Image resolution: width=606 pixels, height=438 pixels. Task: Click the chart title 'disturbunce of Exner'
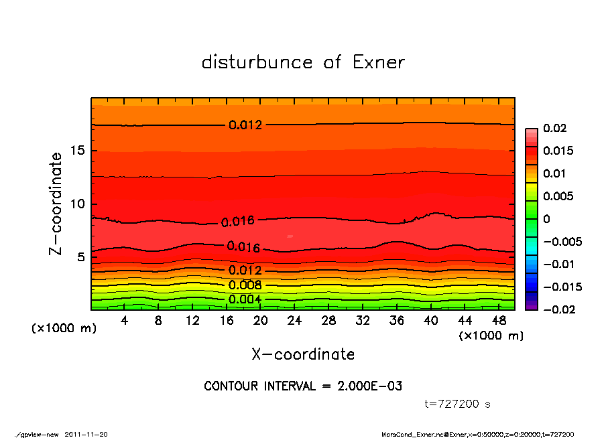pyautogui.click(x=303, y=62)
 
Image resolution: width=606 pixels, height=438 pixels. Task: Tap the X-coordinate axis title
pyautogui.click(x=303, y=354)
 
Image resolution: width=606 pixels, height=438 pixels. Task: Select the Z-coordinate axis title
pyautogui.click(x=56, y=204)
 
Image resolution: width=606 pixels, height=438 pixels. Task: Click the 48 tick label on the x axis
pyautogui.click(x=499, y=321)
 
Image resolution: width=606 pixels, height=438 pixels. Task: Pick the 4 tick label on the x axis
pyautogui.click(x=124, y=321)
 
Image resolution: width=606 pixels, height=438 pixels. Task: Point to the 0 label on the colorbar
pyautogui.click(x=546, y=219)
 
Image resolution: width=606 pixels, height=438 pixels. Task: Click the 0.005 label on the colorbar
pyautogui.click(x=557, y=196)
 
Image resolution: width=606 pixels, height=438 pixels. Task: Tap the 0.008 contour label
pyautogui.click(x=245, y=285)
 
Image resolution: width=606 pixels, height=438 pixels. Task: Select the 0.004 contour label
pyautogui.click(x=245, y=299)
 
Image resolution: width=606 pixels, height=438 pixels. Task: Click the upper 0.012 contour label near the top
pyautogui.click(x=245, y=125)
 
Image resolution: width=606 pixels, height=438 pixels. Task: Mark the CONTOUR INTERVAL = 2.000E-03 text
pyautogui.click(x=303, y=386)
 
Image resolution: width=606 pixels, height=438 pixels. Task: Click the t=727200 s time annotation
pyautogui.click(x=458, y=404)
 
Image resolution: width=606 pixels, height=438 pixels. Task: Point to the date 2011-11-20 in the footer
pyautogui.click(x=86, y=434)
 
